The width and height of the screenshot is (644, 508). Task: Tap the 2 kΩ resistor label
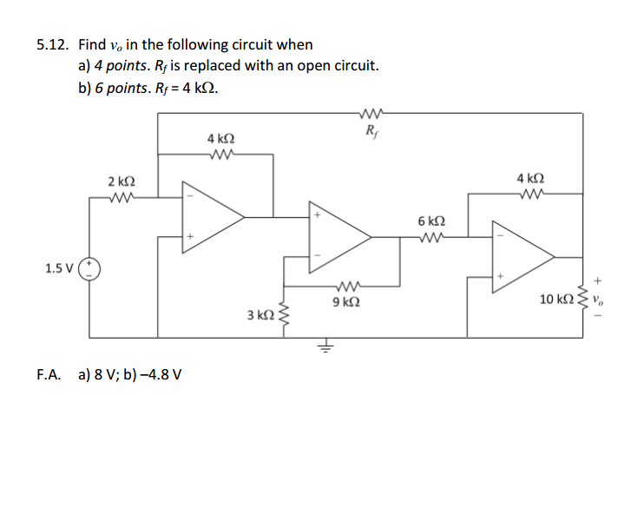tap(121, 181)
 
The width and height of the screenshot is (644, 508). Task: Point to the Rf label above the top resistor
tap(371, 132)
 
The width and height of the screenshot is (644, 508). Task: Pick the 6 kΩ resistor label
tap(431, 221)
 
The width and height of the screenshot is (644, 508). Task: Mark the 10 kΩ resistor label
tap(555, 300)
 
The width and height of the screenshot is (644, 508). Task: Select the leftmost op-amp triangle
tap(208, 217)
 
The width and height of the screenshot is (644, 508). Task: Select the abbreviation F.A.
tap(49, 376)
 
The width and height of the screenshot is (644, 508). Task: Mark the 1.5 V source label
tap(58, 268)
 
